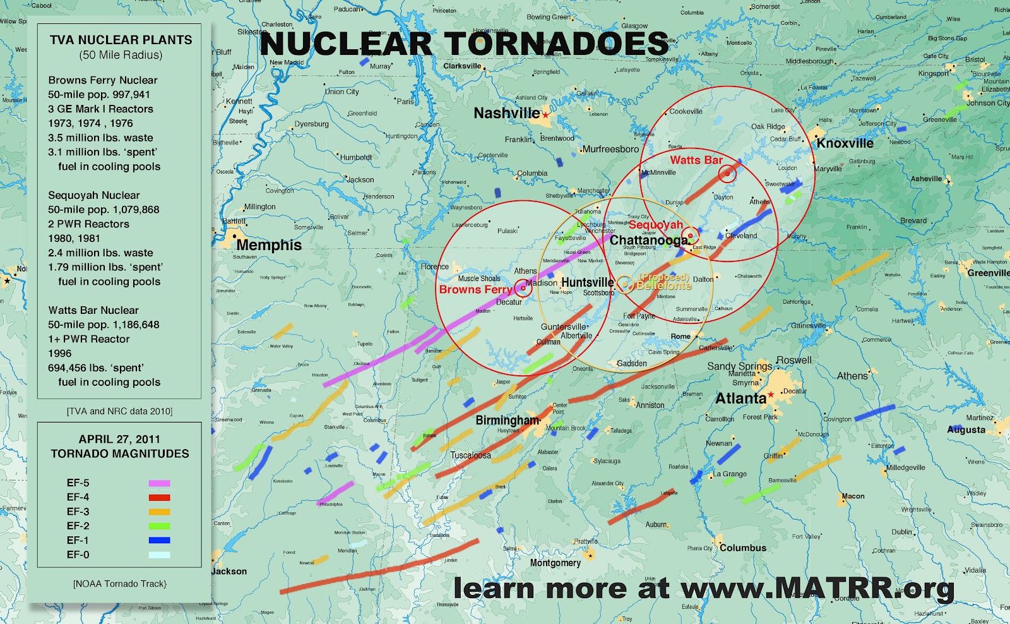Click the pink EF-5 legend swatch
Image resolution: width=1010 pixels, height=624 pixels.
click(x=159, y=483)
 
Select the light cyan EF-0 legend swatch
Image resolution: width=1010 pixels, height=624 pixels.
click(x=159, y=555)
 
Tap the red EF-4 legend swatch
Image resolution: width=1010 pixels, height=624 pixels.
click(x=159, y=498)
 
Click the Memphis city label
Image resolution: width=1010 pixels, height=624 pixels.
click(x=269, y=245)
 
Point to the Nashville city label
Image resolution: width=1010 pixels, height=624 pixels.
click(x=506, y=114)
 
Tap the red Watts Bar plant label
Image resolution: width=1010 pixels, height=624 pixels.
click(x=696, y=160)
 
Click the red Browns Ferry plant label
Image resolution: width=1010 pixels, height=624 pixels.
click(x=475, y=290)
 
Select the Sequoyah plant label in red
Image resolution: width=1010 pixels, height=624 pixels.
click(x=656, y=225)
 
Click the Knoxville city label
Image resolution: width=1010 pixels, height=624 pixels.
click(x=845, y=143)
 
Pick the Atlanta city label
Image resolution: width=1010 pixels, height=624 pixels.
click(x=740, y=399)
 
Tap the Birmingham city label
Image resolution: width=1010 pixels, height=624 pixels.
click(x=508, y=421)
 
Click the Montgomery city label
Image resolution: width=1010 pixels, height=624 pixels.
click(x=555, y=563)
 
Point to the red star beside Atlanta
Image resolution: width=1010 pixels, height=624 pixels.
click(x=771, y=395)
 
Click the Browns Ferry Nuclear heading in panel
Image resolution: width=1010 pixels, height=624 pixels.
click(x=103, y=80)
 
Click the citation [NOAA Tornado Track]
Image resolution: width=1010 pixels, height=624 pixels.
click(x=119, y=584)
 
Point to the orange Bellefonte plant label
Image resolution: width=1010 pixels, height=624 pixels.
click(x=663, y=285)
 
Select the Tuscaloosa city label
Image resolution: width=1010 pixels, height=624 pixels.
click(x=470, y=455)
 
